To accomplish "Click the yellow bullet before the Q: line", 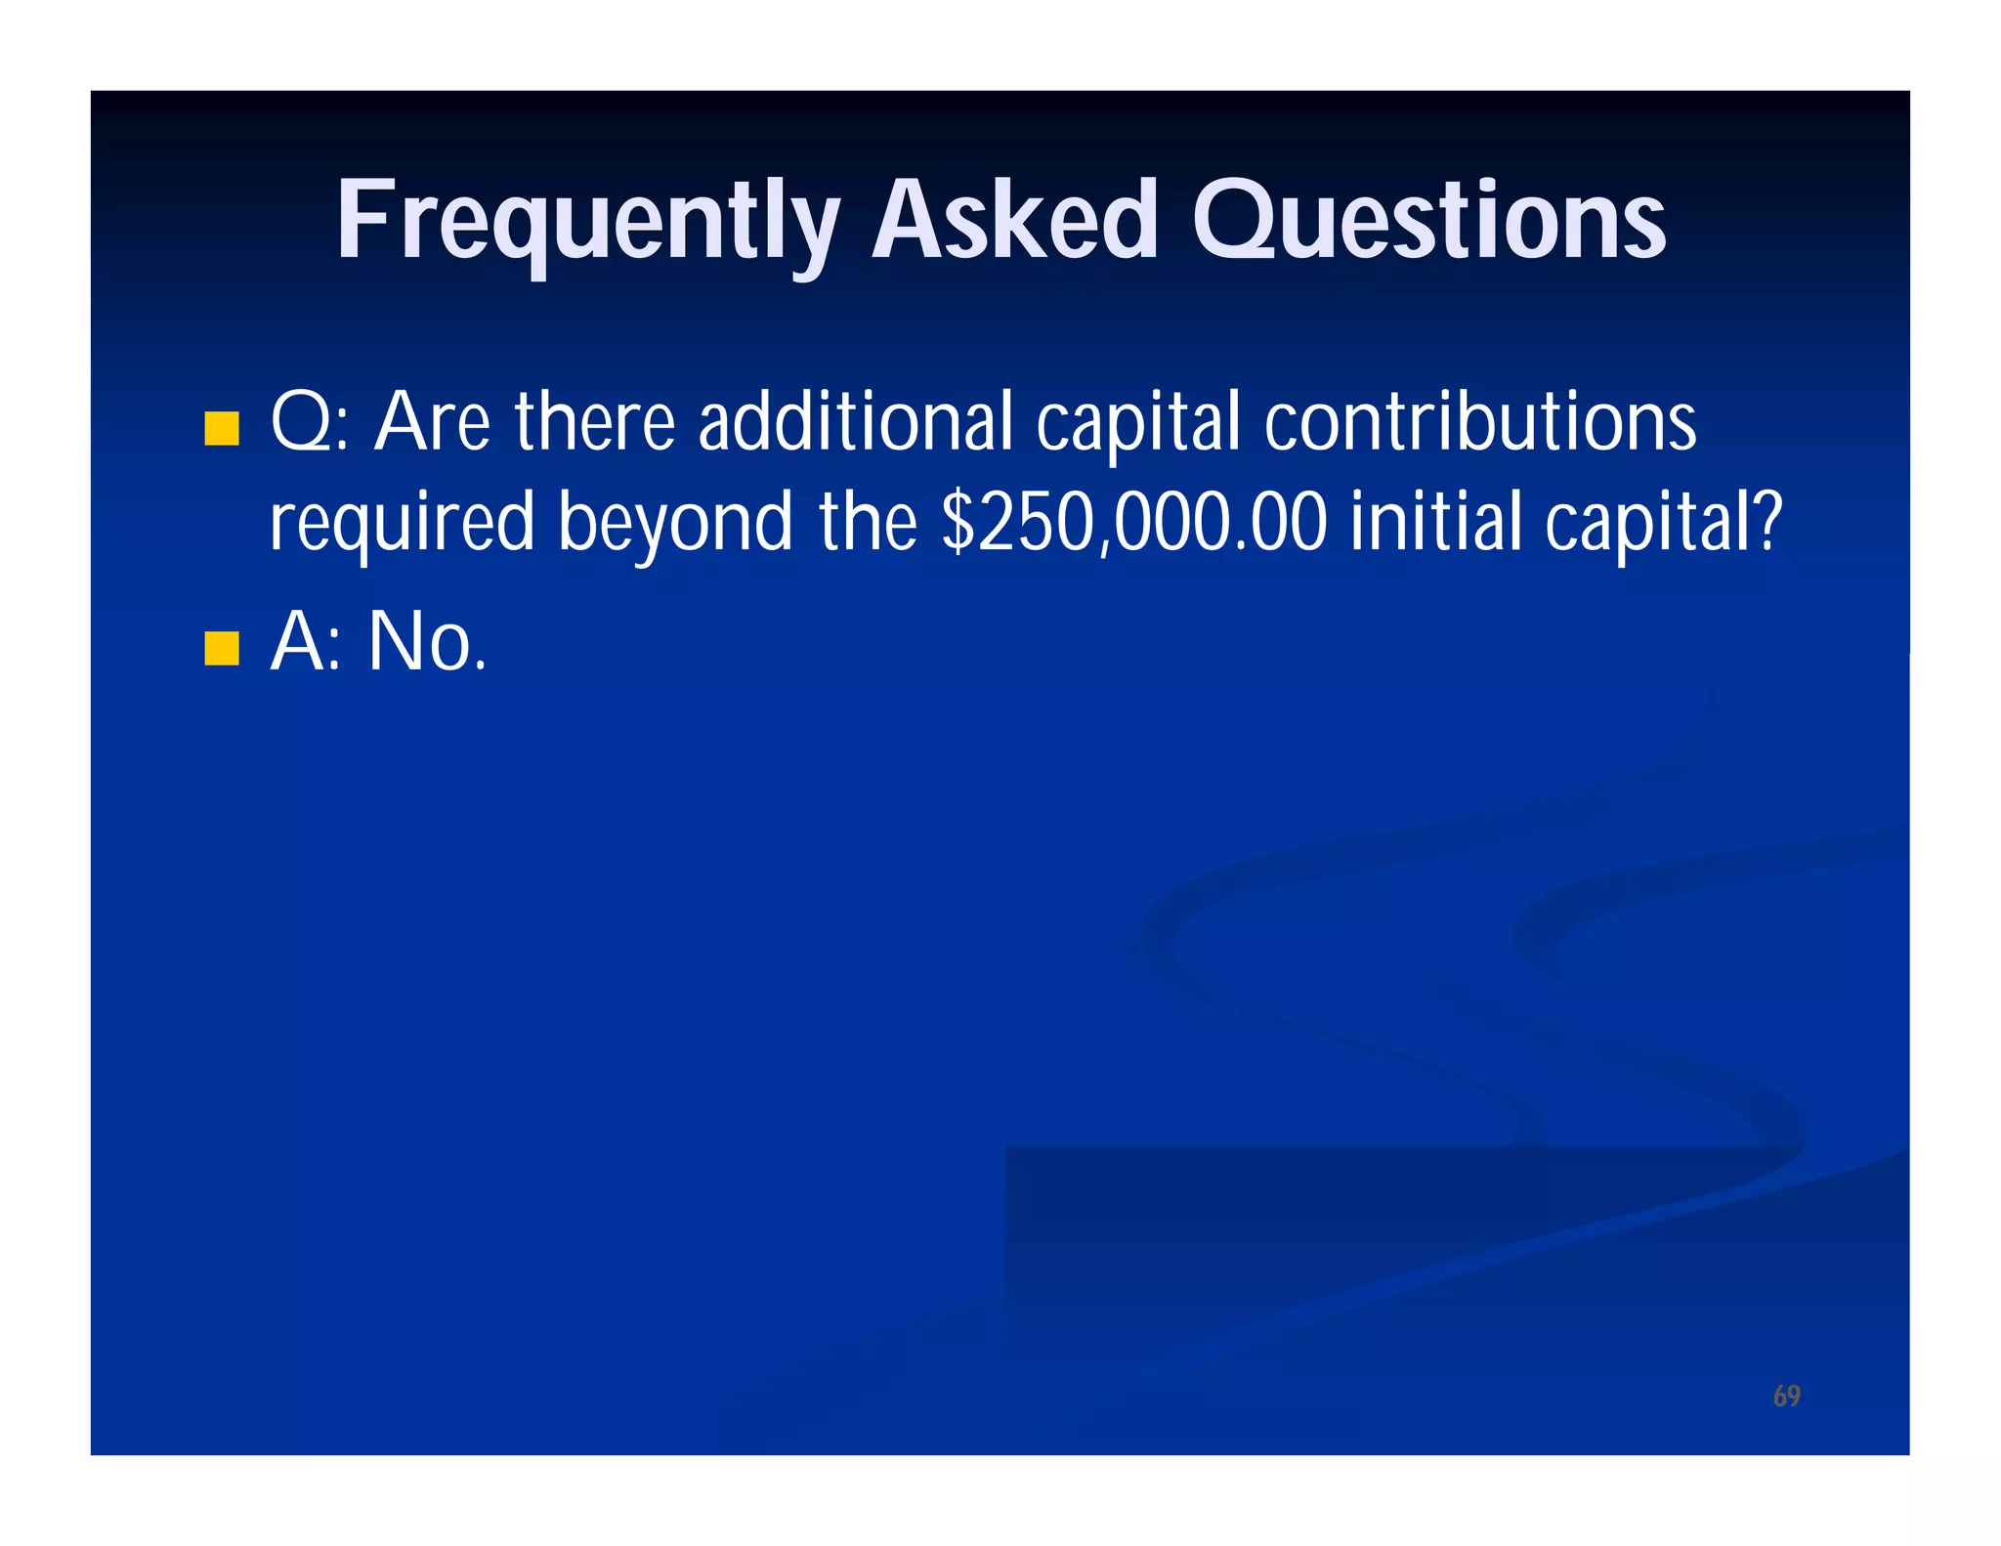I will [x=222, y=428].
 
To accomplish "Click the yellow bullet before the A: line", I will [x=222, y=648].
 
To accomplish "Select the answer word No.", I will [x=426, y=642].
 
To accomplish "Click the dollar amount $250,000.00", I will [x=1133, y=522].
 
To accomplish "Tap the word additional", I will [x=855, y=422].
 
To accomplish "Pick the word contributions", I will [x=1479, y=422].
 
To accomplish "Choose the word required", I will [x=402, y=524].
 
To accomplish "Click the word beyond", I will [x=675, y=524].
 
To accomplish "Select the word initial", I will [x=1434, y=522].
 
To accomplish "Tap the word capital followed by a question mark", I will [x=1651, y=524].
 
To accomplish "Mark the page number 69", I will [x=1786, y=1396].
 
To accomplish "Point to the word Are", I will [x=432, y=422].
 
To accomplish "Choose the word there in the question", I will [x=595, y=422].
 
